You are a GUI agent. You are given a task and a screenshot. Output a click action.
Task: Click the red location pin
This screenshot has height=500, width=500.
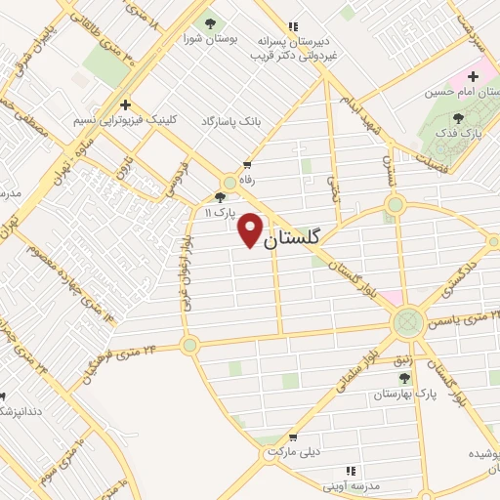click(251, 229)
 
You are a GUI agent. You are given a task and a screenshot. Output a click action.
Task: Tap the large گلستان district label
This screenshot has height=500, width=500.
click(297, 237)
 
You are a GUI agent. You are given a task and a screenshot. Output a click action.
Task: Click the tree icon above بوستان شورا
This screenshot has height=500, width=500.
click(208, 21)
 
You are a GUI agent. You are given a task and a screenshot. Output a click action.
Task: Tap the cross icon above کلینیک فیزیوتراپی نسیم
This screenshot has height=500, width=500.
click(124, 104)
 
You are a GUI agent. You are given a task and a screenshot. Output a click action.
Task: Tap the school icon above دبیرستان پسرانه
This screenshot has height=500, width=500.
click(291, 26)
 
